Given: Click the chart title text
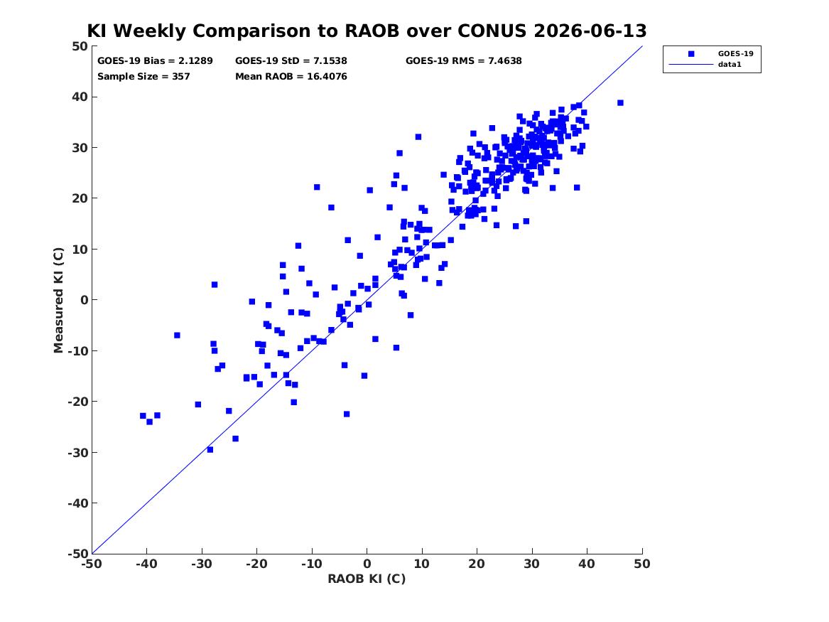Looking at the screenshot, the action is [367, 31].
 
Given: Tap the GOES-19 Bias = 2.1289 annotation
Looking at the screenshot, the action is [155, 61].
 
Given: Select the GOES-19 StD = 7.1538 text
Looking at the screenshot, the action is [291, 61].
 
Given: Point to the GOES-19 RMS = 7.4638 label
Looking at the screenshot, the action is [464, 61].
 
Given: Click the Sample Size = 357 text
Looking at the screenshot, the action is [143, 76].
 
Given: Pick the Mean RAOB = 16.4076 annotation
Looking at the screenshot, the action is [291, 76].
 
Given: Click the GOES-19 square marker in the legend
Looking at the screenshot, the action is [691, 53].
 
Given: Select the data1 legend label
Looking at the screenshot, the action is [730, 65].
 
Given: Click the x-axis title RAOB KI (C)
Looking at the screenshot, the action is [367, 579].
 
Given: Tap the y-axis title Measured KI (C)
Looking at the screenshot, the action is [58, 300].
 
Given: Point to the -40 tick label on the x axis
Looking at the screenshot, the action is [146, 564].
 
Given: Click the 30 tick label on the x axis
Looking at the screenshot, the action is [532, 564].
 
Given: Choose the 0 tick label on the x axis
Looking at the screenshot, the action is [367, 564].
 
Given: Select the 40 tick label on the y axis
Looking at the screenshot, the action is [80, 97].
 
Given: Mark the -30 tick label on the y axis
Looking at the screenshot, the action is [77, 452].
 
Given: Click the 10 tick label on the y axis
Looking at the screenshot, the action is [80, 249].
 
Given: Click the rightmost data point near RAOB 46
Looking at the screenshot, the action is [620, 102].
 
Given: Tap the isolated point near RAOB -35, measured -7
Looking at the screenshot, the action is [177, 336].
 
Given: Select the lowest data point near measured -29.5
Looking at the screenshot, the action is [210, 449].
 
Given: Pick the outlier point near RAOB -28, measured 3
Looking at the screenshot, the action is [215, 284].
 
